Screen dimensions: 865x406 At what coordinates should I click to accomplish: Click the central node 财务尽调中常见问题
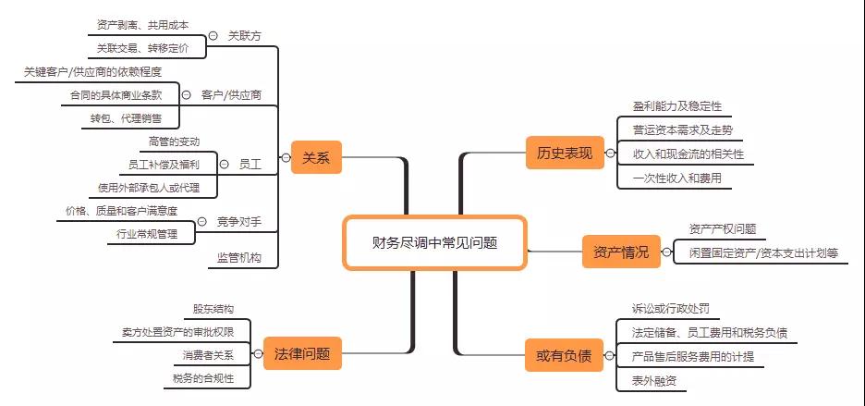pyautogui.click(x=434, y=243)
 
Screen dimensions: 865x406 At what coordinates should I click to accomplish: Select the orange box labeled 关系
pyautogui.click(x=316, y=157)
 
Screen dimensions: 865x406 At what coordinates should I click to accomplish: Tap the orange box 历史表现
pyautogui.click(x=565, y=153)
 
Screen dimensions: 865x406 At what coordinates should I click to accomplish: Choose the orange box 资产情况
pyautogui.click(x=621, y=252)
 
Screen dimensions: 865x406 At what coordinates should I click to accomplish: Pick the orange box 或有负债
pyautogui.click(x=564, y=355)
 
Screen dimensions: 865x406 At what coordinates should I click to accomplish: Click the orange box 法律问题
pyautogui.click(x=302, y=353)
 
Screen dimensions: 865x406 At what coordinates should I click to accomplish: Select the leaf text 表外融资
pyautogui.click(x=654, y=381)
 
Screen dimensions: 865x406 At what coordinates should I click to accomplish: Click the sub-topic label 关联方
pyautogui.click(x=244, y=36)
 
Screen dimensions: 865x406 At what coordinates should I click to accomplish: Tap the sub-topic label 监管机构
pyautogui.click(x=238, y=257)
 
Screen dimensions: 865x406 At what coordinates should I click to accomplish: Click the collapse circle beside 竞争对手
pyautogui.click(x=201, y=222)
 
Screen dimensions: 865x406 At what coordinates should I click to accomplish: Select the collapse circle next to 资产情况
pyautogui.click(x=667, y=252)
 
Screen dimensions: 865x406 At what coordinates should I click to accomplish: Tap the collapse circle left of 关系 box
pyautogui.click(x=286, y=158)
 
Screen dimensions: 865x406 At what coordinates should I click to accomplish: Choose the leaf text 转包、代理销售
pyautogui.click(x=127, y=117)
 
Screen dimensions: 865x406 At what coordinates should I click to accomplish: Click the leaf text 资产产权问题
pyautogui.click(x=723, y=228)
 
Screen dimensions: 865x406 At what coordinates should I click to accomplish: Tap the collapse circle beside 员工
pyautogui.click(x=224, y=164)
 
